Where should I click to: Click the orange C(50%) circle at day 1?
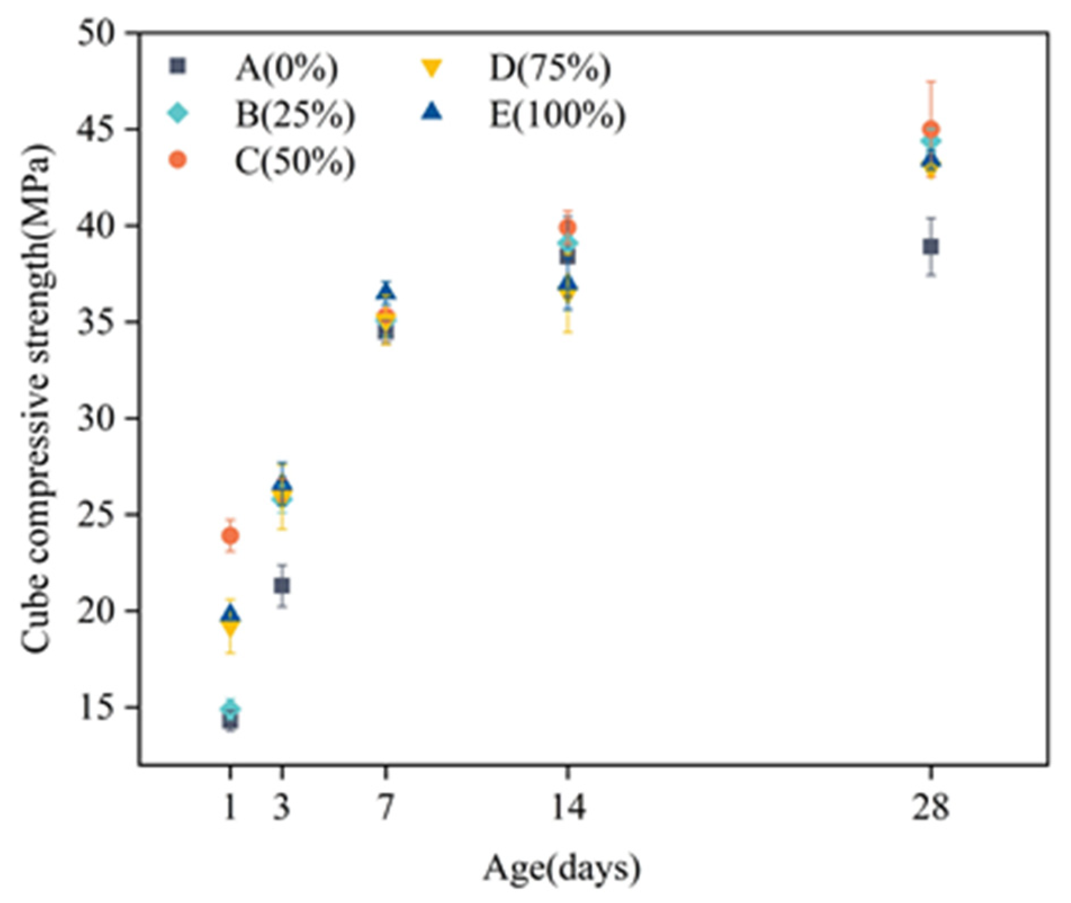(230, 535)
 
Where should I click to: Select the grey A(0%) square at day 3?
(282, 586)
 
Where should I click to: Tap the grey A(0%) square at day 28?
(931, 247)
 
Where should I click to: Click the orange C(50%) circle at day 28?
(931, 129)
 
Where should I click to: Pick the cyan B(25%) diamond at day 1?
(230, 707)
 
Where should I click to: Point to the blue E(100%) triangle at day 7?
(386, 292)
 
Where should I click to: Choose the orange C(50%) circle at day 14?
(568, 228)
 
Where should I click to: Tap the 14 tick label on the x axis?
(568, 807)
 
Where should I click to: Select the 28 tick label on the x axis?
(931, 807)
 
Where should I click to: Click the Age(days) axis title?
(561, 868)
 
